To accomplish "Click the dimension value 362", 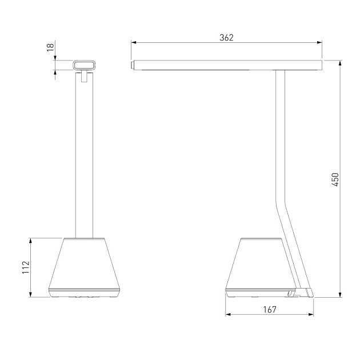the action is tap(226, 38).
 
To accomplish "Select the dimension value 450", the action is tap(335, 179).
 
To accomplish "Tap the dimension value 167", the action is tap(270, 310).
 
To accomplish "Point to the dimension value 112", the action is tap(26, 267).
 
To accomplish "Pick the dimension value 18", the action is tap(50, 47).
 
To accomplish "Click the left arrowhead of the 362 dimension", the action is tap(134, 42).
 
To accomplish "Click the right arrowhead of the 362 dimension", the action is tap(319, 42).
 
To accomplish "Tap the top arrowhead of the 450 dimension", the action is tap(340, 63).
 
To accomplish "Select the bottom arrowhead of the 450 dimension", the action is tap(340, 294).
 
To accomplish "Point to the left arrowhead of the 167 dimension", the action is tap(228, 314).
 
